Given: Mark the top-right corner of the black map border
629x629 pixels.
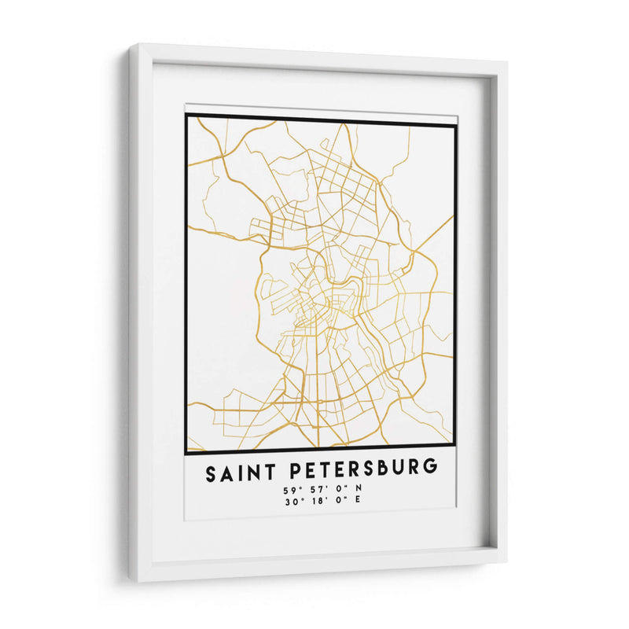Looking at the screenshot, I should click(x=455, y=123).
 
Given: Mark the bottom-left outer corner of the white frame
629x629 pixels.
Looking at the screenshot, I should click(x=131, y=583).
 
